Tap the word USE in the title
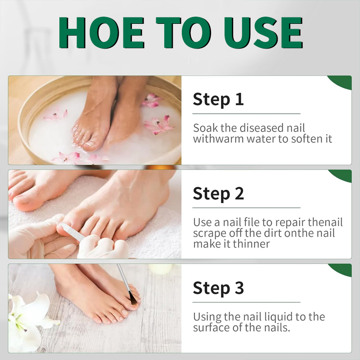[x=263, y=32]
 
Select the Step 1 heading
[x=218, y=99]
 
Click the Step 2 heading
[x=218, y=194]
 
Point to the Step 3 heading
[x=218, y=288]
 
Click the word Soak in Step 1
[x=206, y=128]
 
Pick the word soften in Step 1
[x=306, y=139]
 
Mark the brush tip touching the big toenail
[x=133, y=300]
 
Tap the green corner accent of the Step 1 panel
[x=341, y=82]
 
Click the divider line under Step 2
[x=246, y=208]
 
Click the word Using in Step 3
[x=207, y=317]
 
